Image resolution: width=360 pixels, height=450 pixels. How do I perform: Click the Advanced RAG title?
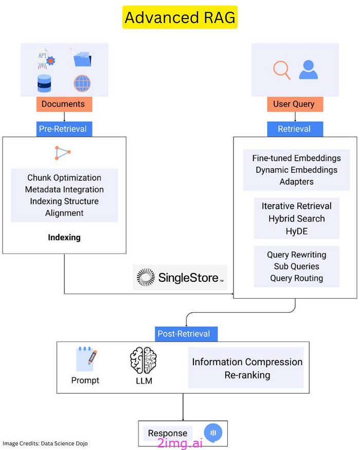[179, 17]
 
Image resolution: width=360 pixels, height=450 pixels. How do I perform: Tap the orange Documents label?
[64, 104]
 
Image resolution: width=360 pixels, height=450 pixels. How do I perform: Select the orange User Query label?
[294, 104]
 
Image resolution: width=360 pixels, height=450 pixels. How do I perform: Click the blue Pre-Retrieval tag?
[64, 129]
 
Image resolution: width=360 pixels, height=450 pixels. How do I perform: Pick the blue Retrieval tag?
[294, 129]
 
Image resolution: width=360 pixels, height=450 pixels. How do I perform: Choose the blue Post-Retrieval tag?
[184, 334]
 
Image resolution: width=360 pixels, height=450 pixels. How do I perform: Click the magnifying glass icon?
[281, 70]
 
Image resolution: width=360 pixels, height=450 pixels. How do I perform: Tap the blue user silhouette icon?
[308, 69]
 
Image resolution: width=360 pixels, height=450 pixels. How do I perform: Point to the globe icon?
[82, 83]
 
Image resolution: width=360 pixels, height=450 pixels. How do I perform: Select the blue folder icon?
[82, 59]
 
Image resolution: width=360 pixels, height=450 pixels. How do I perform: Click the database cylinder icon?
[45, 83]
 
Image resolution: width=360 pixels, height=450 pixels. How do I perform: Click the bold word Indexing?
[64, 238]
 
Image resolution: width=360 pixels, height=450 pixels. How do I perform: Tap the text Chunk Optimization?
[64, 178]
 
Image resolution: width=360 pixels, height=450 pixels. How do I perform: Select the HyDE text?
[296, 231]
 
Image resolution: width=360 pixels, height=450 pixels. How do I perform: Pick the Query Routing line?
[296, 278]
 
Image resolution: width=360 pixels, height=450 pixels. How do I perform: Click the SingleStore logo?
[179, 278]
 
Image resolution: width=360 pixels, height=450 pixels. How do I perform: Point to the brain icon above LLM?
[143, 360]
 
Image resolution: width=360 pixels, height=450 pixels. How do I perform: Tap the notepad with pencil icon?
[85, 359]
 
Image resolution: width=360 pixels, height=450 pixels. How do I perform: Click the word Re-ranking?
[247, 375]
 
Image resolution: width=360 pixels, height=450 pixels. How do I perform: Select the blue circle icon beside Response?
[212, 433]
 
